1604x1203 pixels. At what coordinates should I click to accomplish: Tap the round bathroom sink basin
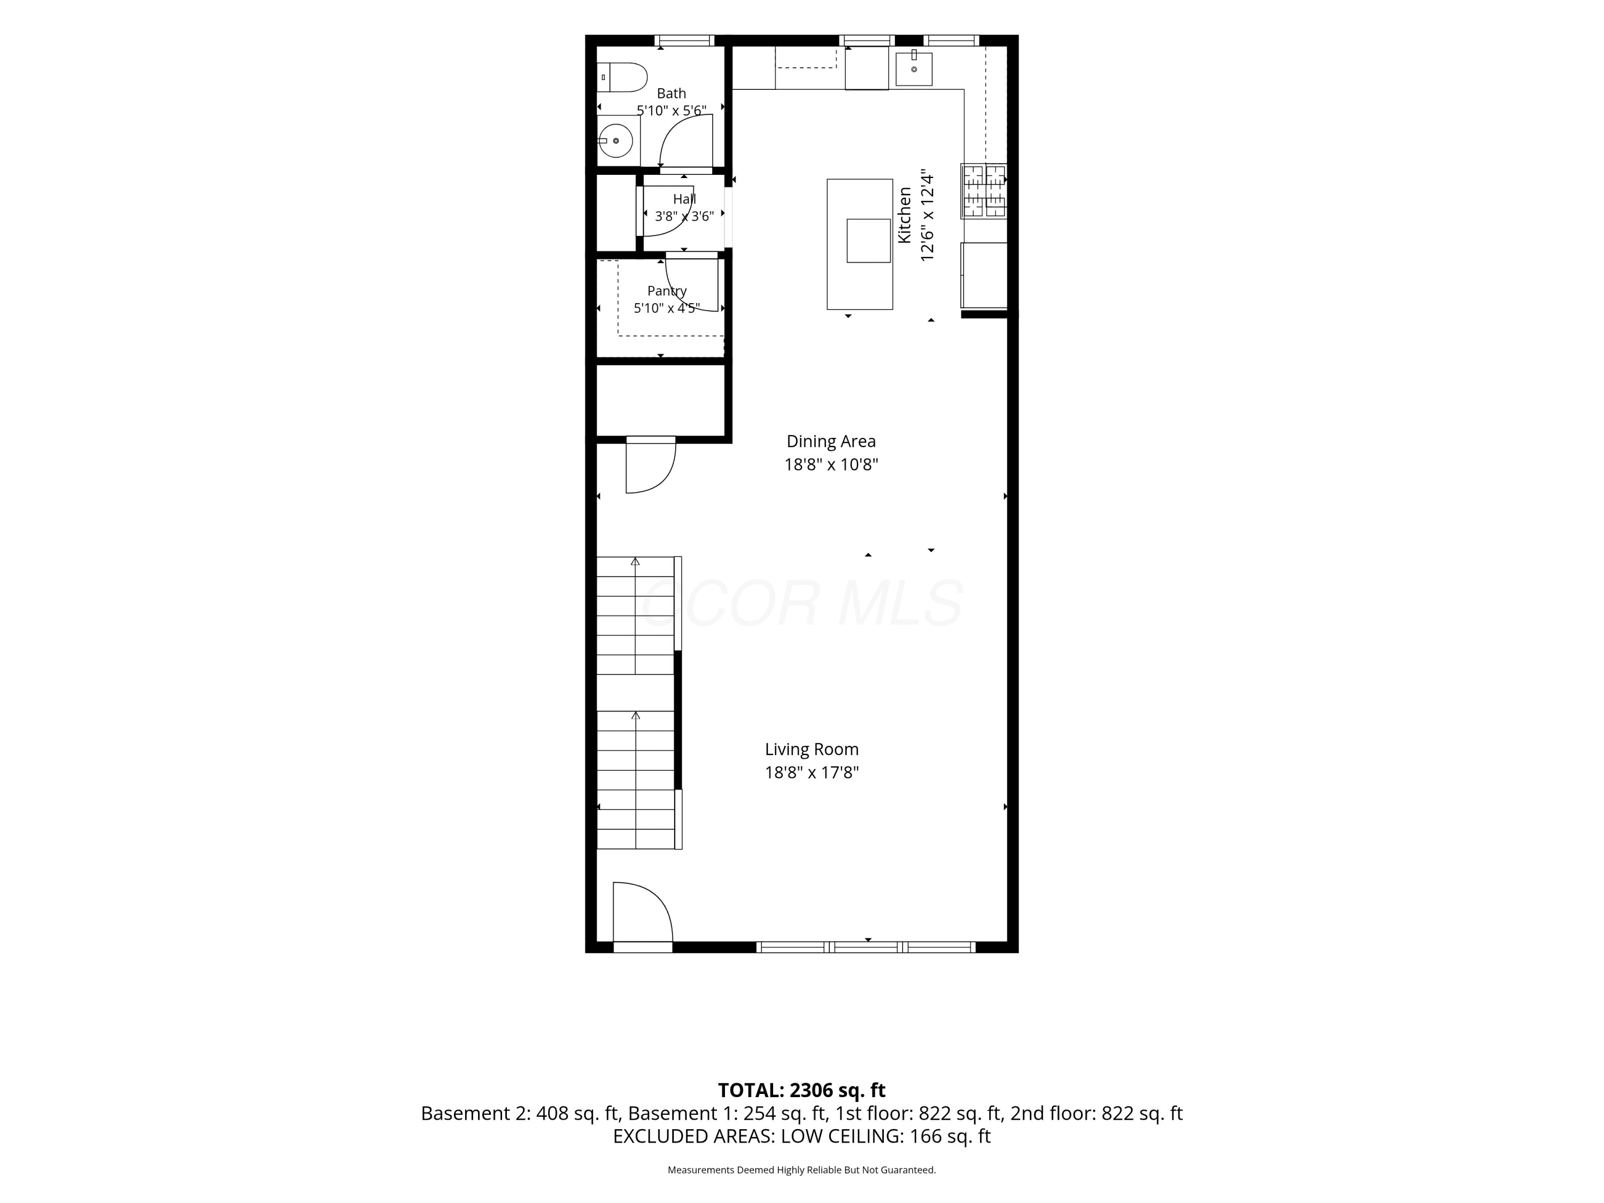(615, 141)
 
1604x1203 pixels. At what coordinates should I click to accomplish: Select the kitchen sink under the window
(914, 69)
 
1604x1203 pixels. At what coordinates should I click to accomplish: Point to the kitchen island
(859, 244)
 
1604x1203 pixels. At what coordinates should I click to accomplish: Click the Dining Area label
(831, 441)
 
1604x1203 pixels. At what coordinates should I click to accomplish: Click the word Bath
(672, 94)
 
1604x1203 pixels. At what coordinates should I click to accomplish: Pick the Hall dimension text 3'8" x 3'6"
(684, 216)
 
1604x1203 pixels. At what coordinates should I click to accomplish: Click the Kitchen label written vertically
(904, 215)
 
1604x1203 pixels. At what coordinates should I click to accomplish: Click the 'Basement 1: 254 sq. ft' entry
(727, 1113)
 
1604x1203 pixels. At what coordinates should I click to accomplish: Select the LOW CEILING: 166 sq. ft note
(885, 1136)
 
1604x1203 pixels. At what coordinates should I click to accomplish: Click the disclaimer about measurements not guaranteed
(801, 1170)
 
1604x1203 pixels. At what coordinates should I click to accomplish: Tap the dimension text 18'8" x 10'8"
(831, 464)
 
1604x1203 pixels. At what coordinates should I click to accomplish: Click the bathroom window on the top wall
(684, 41)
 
